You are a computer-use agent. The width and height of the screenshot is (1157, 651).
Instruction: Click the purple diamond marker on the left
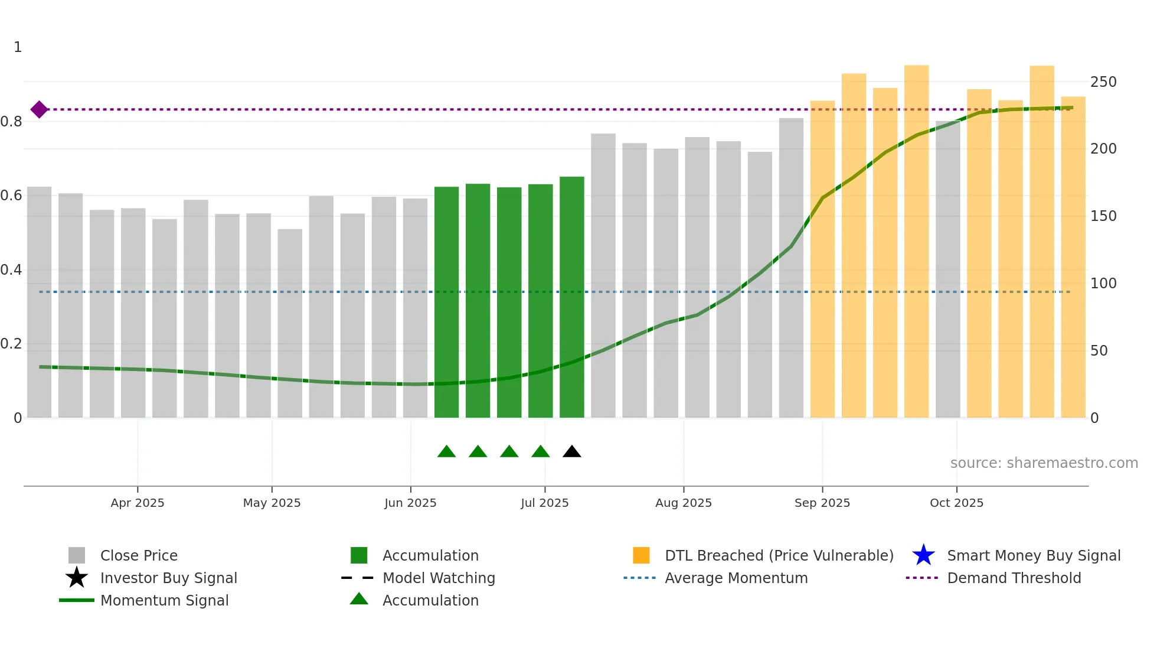(39, 109)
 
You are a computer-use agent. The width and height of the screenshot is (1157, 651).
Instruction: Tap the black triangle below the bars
(571, 452)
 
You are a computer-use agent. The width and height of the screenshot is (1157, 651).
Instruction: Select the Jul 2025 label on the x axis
(544, 503)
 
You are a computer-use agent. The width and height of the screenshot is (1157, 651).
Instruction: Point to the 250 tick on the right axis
(1103, 82)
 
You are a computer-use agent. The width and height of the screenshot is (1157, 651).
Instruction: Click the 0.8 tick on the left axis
(12, 122)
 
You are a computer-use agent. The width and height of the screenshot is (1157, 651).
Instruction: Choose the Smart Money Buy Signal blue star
(923, 555)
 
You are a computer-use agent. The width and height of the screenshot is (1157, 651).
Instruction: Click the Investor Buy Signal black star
(77, 578)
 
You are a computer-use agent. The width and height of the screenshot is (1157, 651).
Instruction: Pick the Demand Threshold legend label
(1014, 578)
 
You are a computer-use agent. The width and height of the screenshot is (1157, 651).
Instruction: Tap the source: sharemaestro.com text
(1044, 463)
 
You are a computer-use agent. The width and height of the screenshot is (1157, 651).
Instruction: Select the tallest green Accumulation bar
(571, 295)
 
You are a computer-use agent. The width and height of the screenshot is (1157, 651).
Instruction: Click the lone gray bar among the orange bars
(947, 269)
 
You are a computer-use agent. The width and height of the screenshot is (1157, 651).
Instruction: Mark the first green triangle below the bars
(446, 452)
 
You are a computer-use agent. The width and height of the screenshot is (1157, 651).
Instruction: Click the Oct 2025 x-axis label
(956, 503)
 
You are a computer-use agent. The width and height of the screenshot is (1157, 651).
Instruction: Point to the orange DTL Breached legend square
(641, 555)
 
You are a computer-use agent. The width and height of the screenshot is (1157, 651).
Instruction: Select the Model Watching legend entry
(438, 578)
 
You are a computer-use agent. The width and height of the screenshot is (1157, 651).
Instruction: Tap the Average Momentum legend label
(736, 578)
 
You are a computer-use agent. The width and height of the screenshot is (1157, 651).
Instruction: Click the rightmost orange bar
(1073, 257)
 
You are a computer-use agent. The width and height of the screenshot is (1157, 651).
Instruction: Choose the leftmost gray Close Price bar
(40, 301)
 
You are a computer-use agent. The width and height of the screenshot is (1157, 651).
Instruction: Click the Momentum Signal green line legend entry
(164, 600)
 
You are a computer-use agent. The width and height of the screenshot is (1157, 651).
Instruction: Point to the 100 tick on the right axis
(1103, 284)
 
